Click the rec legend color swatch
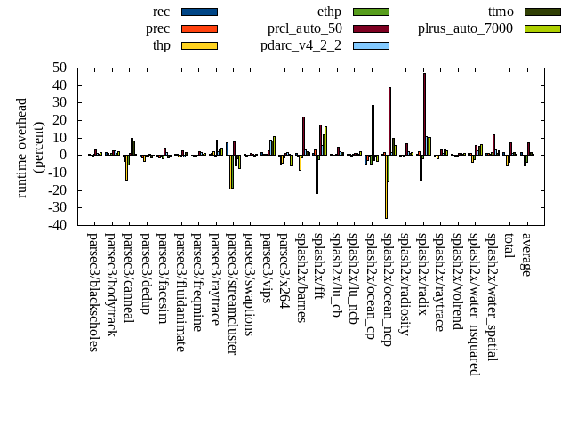tap(199, 12)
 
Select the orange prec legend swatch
tap(199, 28)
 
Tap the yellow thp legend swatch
tap(199, 45)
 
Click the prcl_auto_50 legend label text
tap(305, 28)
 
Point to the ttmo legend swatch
tap(542, 12)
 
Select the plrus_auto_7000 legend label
tap(465, 28)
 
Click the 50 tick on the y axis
tap(60, 68)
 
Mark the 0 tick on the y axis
tap(64, 155)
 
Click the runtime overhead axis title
tap(30, 147)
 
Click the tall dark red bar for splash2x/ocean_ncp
tap(389, 121)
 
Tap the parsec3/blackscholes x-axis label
tap(93, 292)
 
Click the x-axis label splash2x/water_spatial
tap(493, 297)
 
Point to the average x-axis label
tap(526, 254)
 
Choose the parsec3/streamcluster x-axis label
tap(232, 294)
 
